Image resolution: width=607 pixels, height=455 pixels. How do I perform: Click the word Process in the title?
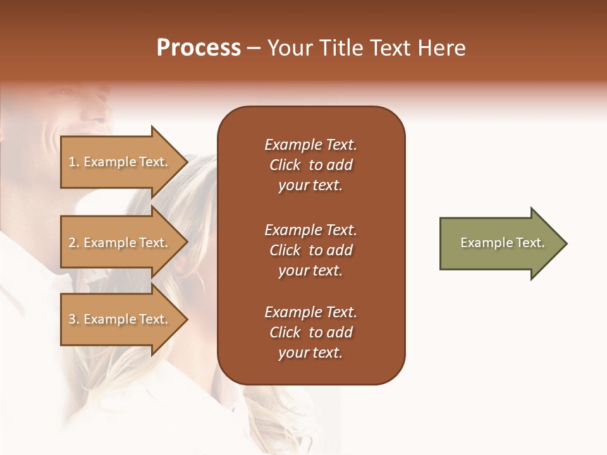click(199, 48)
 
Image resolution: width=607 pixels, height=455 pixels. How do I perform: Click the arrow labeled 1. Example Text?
click(120, 162)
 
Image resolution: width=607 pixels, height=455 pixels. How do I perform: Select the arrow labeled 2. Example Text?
click(120, 243)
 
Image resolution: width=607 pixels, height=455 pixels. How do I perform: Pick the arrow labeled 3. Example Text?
click(120, 319)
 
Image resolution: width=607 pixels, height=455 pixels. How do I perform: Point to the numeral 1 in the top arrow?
click(72, 162)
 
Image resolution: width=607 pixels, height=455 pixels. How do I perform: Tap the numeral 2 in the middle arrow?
click(72, 243)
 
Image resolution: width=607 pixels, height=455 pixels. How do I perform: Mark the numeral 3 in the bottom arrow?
click(72, 319)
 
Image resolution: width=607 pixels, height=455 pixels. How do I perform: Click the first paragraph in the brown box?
click(310, 165)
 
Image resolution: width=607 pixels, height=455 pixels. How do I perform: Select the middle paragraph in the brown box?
click(310, 250)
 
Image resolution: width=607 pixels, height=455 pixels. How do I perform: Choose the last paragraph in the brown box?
click(310, 332)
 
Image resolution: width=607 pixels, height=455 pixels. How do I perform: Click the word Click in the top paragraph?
click(285, 165)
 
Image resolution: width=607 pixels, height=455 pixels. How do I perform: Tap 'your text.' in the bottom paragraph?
click(310, 353)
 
